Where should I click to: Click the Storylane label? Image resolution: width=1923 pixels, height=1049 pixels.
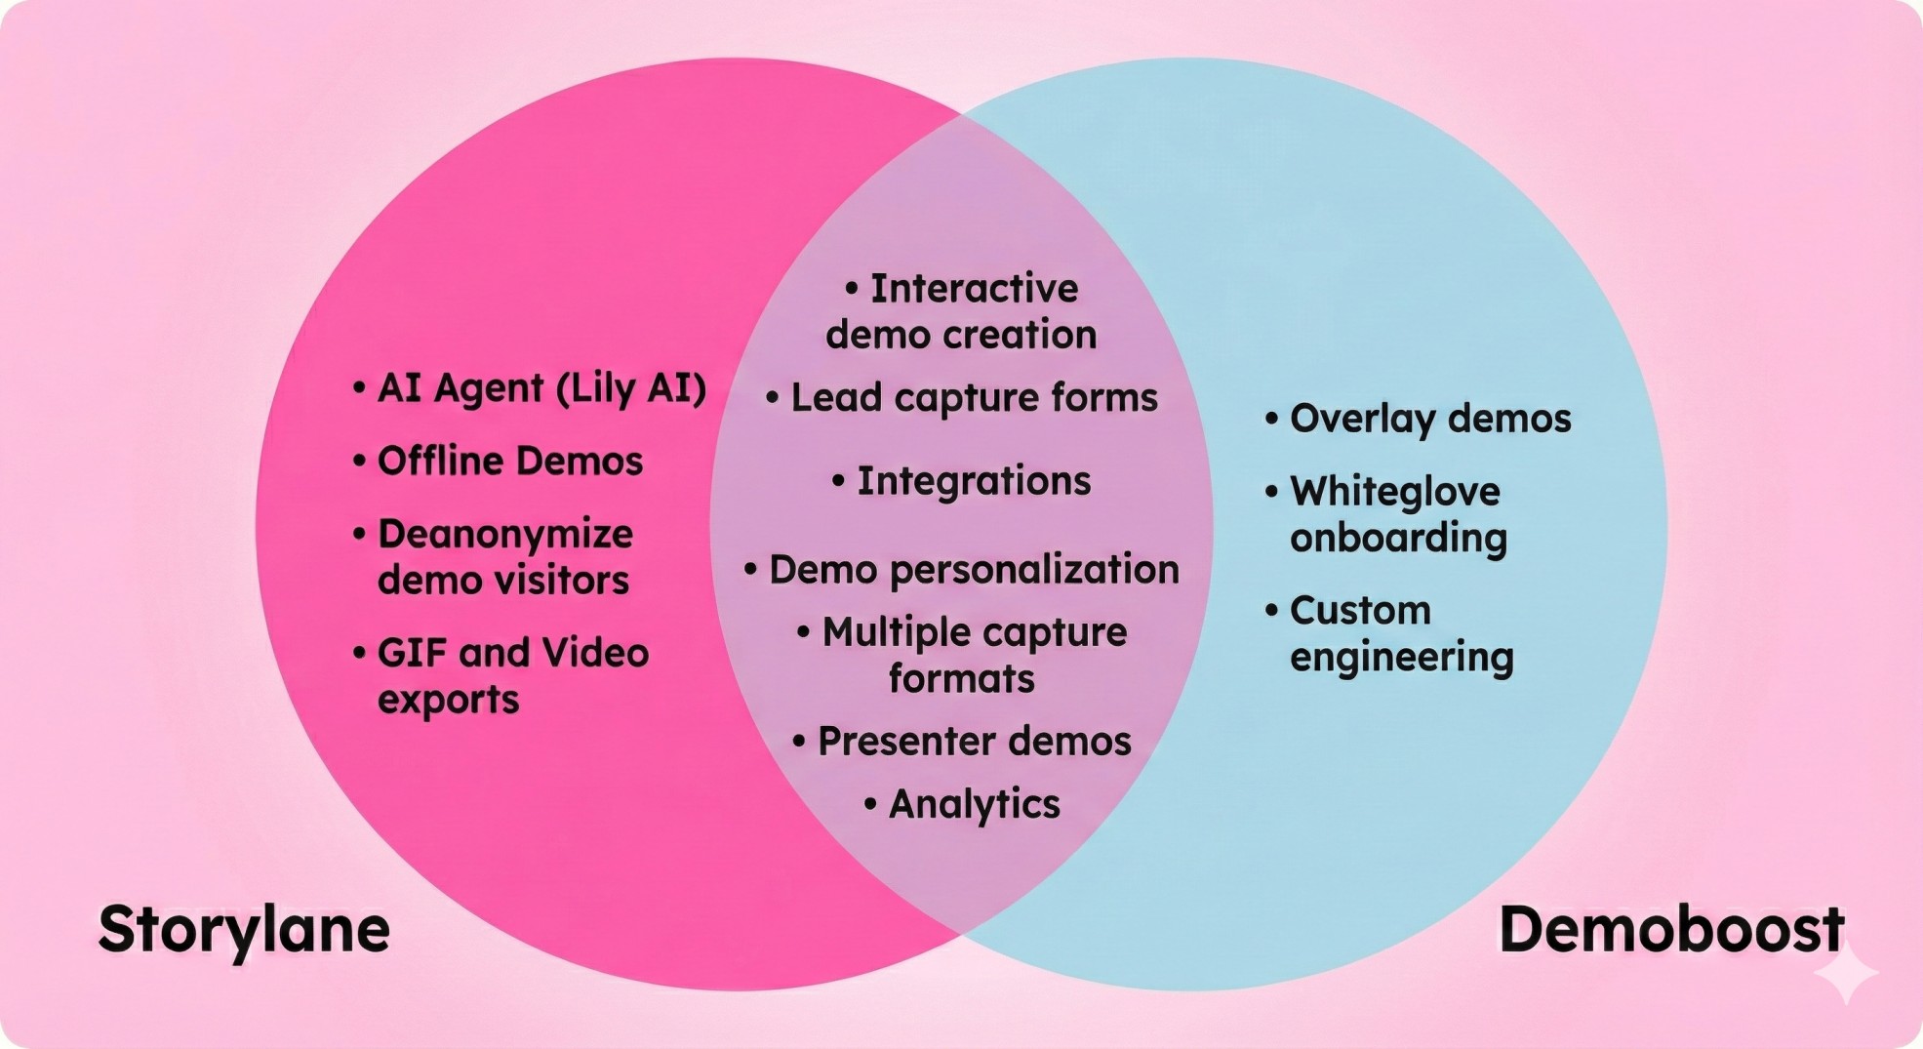pyautogui.click(x=244, y=930)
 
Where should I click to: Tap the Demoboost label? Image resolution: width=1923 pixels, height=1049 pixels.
pyautogui.click(x=1670, y=930)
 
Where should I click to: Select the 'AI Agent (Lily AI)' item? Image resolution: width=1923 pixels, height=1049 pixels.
pyautogui.click(x=541, y=388)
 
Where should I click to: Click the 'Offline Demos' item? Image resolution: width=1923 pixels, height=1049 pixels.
pyautogui.click(x=509, y=462)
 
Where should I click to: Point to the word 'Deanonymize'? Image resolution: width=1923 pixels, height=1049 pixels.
pyautogui.click(x=504, y=535)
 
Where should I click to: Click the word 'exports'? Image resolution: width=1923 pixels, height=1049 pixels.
pyautogui.click(x=448, y=700)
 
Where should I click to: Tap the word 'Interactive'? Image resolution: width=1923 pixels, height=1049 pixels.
pyautogui.click(x=974, y=289)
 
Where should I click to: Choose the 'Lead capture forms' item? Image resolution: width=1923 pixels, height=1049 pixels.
pyautogui.click(x=973, y=398)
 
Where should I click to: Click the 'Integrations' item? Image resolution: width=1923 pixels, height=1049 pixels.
pyautogui.click(x=973, y=481)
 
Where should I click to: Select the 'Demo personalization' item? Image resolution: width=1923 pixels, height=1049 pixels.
pyautogui.click(x=973, y=570)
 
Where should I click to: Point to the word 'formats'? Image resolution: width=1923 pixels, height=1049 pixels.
pyautogui.click(x=961, y=679)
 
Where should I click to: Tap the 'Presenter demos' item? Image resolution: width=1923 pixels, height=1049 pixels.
pyautogui.click(x=973, y=742)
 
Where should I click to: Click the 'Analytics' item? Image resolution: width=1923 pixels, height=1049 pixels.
pyautogui.click(x=973, y=805)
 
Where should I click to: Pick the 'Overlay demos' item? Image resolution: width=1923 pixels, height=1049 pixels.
pyautogui.click(x=1429, y=419)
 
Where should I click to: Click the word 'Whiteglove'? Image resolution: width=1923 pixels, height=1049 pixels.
pyautogui.click(x=1394, y=492)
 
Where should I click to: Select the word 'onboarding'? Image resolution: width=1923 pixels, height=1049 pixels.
pyautogui.click(x=1398, y=539)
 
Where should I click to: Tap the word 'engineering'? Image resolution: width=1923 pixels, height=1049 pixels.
pyautogui.click(x=1401, y=658)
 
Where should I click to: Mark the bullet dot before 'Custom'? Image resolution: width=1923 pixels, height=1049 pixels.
pyautogui.click(x=1271, y=611)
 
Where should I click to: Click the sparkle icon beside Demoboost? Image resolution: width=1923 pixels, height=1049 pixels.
pyautogui.click(x=1845, y=973)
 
